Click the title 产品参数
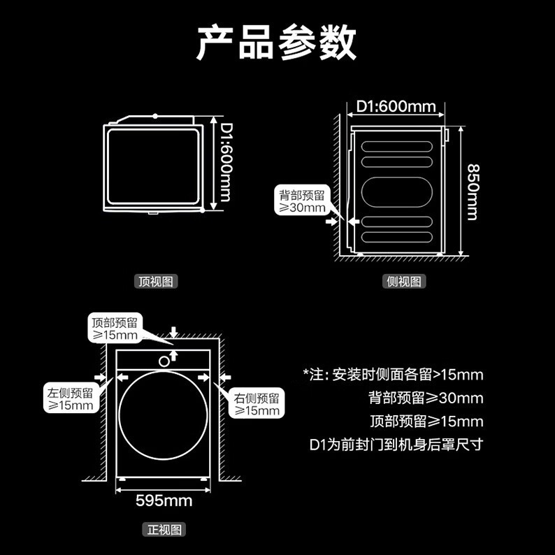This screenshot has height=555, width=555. (x=276, y=43)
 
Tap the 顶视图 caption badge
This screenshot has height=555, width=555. (x=156, y=282)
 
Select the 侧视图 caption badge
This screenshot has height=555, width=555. (x=404, y=282)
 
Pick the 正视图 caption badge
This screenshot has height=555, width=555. (x=164, y=530)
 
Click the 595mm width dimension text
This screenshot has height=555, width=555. (x=164, y=500)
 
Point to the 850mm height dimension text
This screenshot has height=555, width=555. (x=473, y=192)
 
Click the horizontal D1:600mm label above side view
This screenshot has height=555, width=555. (x=396, y=106)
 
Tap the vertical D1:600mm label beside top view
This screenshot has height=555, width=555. (x=226, y=162)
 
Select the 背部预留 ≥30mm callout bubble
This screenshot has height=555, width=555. (x=302, y=201)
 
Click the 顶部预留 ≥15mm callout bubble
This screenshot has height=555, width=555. (x=115, y=329)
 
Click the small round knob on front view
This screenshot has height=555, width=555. (x=164, y=361)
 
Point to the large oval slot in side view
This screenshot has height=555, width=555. (x=397, y=192)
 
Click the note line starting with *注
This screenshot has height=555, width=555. (x=394, y=375)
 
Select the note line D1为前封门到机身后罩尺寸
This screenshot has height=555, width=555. (x=396, y=445)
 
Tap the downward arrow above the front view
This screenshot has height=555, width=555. (x=173, y=332)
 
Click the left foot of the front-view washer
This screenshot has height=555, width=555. (x=122, y=479)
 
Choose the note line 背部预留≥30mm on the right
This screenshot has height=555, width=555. (x=426, y=398)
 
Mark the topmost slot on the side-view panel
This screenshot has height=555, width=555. (x=397, y=146)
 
